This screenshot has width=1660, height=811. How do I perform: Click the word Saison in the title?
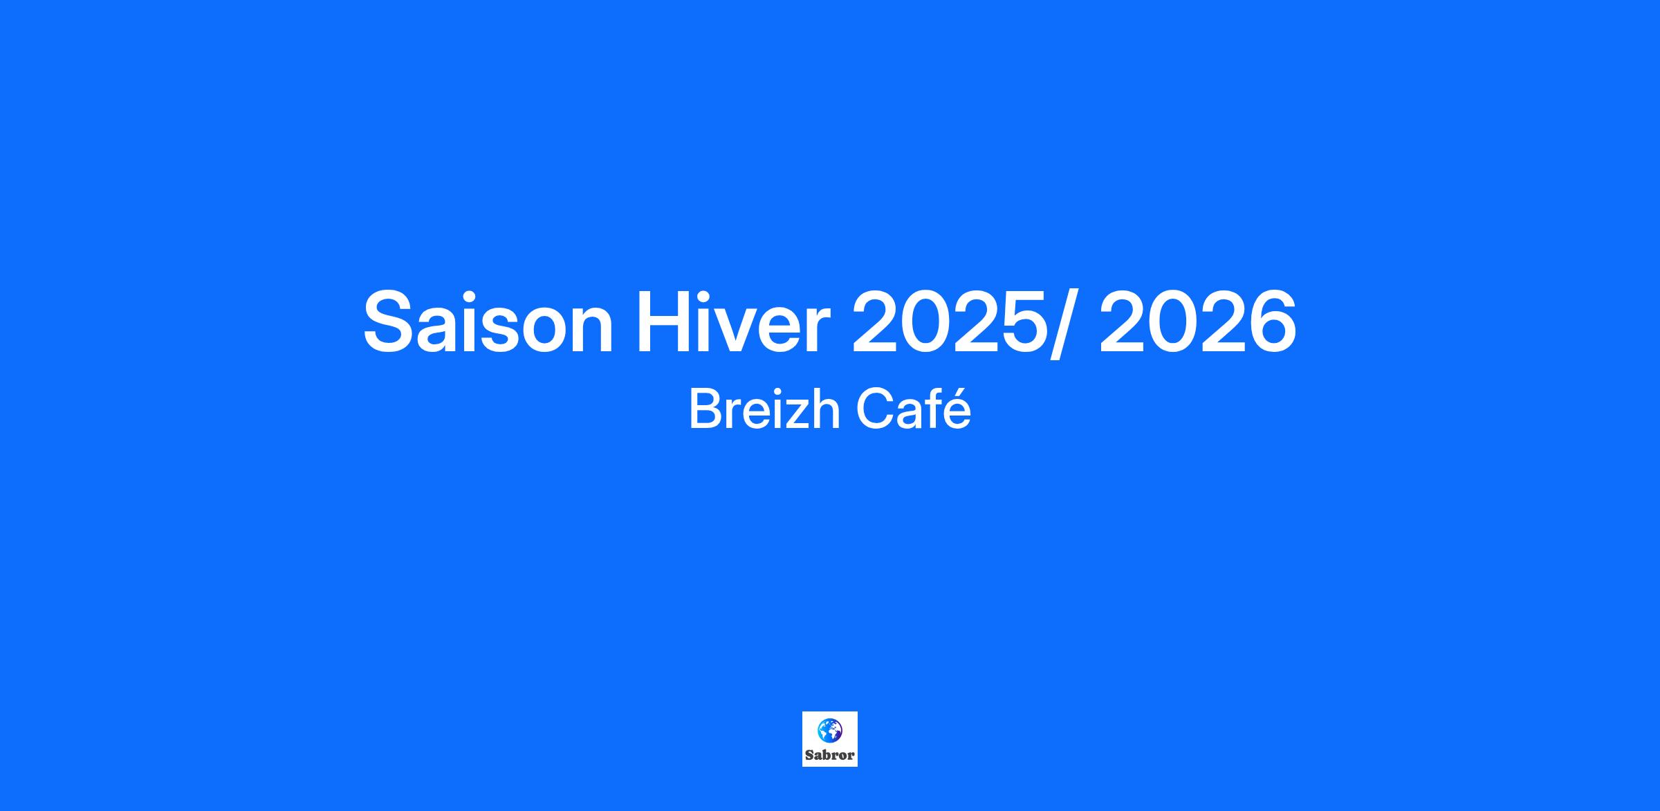(488, 322)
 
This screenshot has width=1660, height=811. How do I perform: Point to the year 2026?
(1198, 321)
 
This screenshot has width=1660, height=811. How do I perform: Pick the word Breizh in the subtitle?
(764, 409)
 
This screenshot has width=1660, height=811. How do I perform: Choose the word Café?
(914, 409)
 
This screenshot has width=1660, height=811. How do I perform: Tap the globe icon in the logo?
(829, 730)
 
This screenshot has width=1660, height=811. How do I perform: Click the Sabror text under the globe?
(830, 755)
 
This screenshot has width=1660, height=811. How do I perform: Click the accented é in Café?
(957, 409)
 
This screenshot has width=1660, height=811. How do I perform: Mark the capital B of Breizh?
(705, 409)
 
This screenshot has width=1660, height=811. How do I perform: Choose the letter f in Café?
(932, 408)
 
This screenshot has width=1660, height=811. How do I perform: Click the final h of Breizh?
(826, 409)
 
